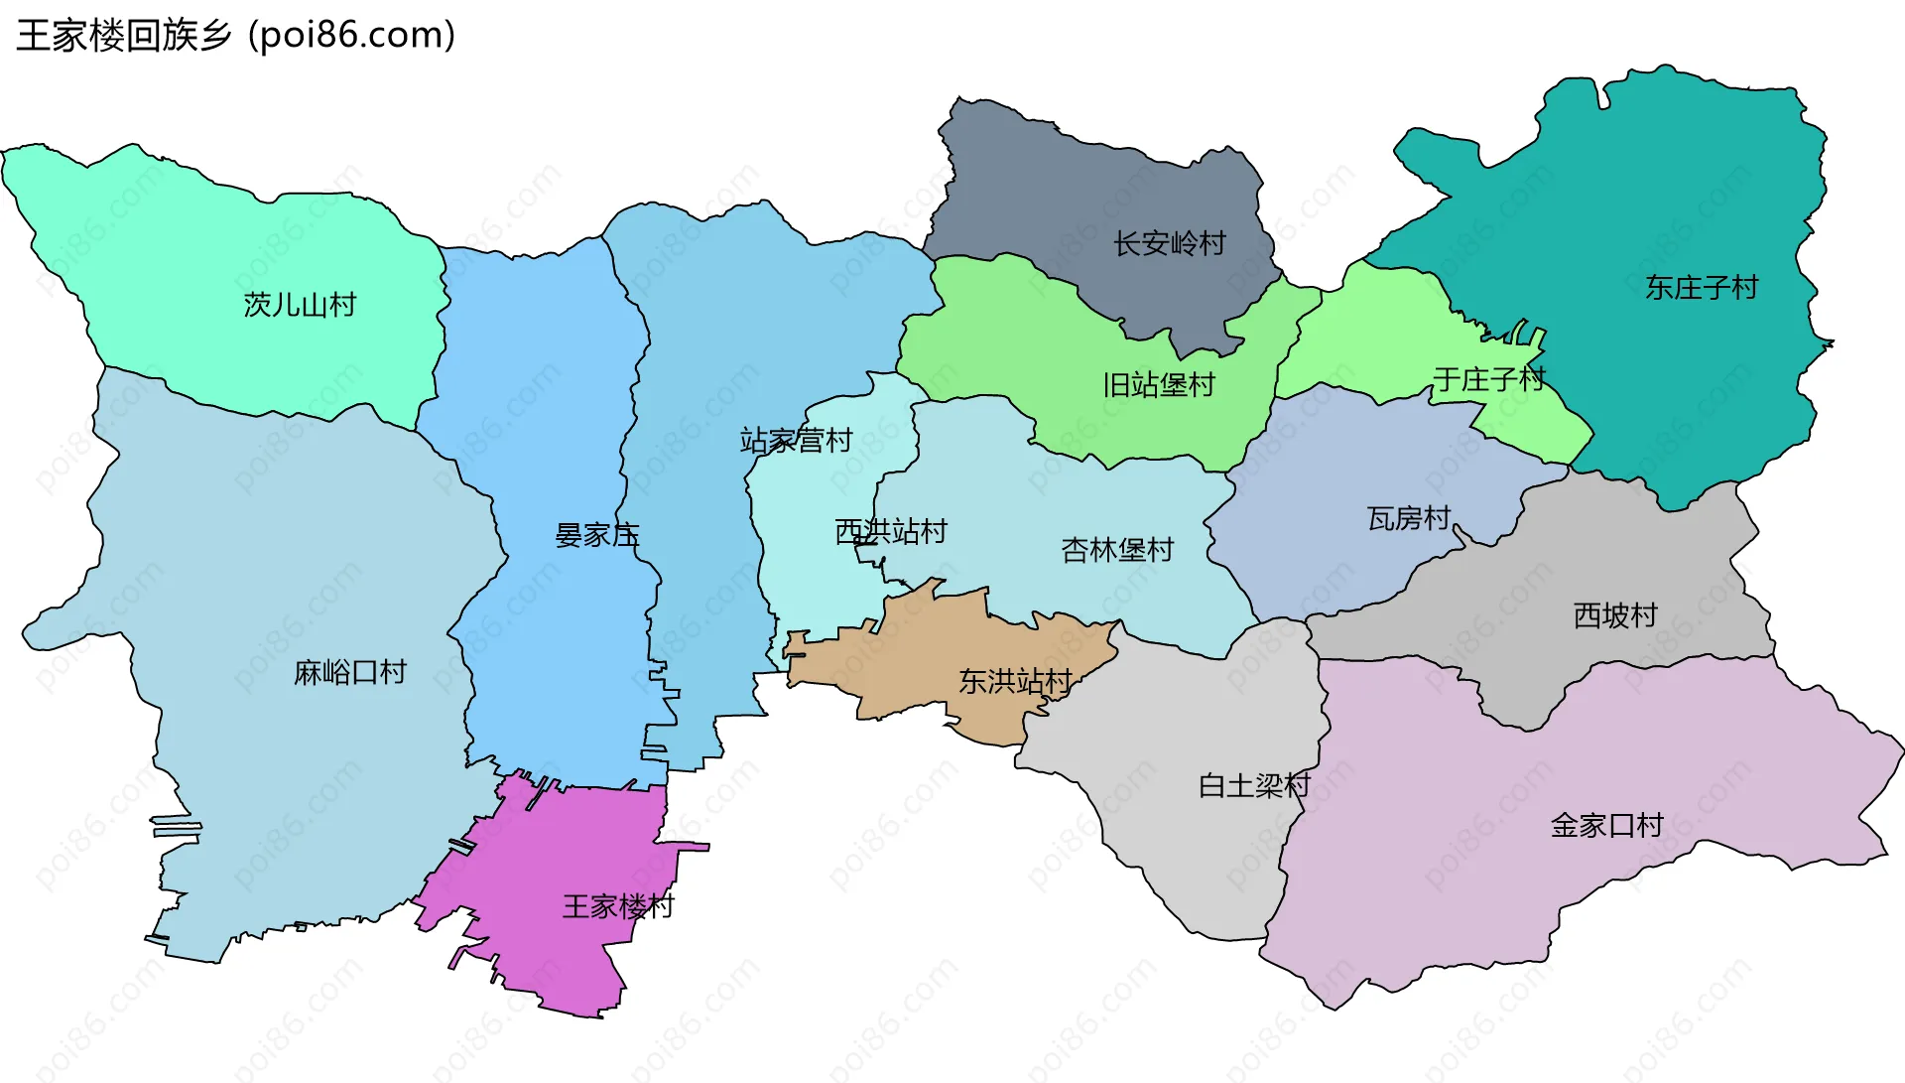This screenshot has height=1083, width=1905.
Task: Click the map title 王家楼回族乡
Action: point(123,36)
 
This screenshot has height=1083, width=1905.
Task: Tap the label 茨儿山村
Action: point(300,305)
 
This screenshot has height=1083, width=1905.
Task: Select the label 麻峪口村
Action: point(350,673)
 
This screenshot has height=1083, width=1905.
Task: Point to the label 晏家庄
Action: point(596,536)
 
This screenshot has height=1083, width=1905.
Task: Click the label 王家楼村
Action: point(618,906)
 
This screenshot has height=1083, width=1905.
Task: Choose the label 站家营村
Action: point(796,441)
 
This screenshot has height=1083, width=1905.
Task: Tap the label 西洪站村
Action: point(890,532)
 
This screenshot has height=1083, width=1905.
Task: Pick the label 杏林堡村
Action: point(1117,550)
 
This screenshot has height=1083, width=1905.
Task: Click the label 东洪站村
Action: point(1015,682)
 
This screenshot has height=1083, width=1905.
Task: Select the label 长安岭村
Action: point(1169,244)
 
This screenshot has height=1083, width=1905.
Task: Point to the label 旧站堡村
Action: point(1159,385)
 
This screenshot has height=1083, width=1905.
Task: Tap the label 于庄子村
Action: point(1488,379)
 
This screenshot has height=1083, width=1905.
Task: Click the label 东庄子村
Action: point(1701,288)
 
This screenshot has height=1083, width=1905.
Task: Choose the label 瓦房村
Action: point(1409,518)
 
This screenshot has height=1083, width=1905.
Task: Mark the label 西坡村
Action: point(1615,616)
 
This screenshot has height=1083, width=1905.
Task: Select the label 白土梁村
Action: point(1254,786)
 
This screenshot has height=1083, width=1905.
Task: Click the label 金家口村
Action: point(1606,826)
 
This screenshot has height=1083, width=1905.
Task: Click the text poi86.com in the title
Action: point(352,36)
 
